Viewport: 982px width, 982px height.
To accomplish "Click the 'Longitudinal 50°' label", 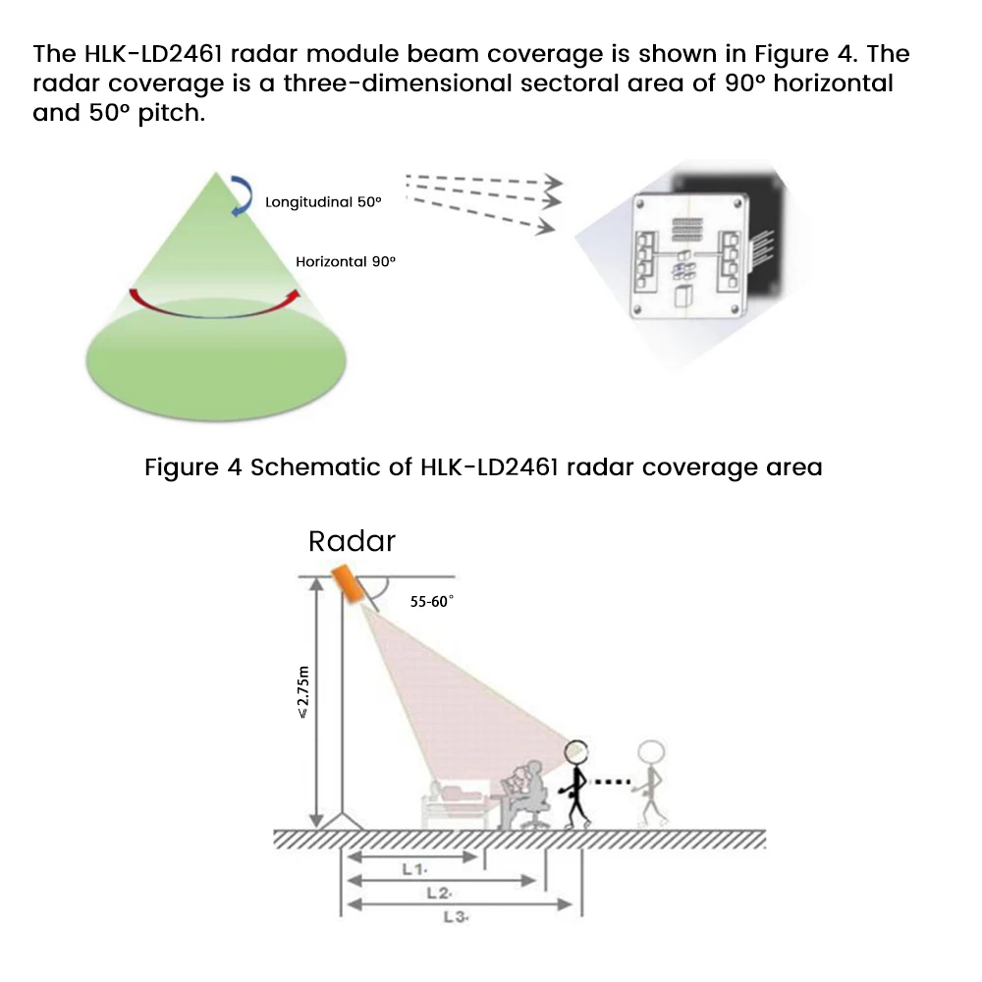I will coord(323,202).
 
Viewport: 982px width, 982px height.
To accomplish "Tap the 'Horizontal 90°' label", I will coord(346,262).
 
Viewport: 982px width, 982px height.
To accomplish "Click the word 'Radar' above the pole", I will coord(352,541).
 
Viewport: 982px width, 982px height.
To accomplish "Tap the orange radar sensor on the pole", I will coord(348,584).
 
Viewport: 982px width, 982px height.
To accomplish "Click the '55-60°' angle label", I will coord(431,602).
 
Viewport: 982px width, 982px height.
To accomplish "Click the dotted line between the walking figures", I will coord(611,783).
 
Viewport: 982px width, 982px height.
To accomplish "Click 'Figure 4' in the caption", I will coord(192,466).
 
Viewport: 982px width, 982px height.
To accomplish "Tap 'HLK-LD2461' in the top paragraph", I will coord(146,54).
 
